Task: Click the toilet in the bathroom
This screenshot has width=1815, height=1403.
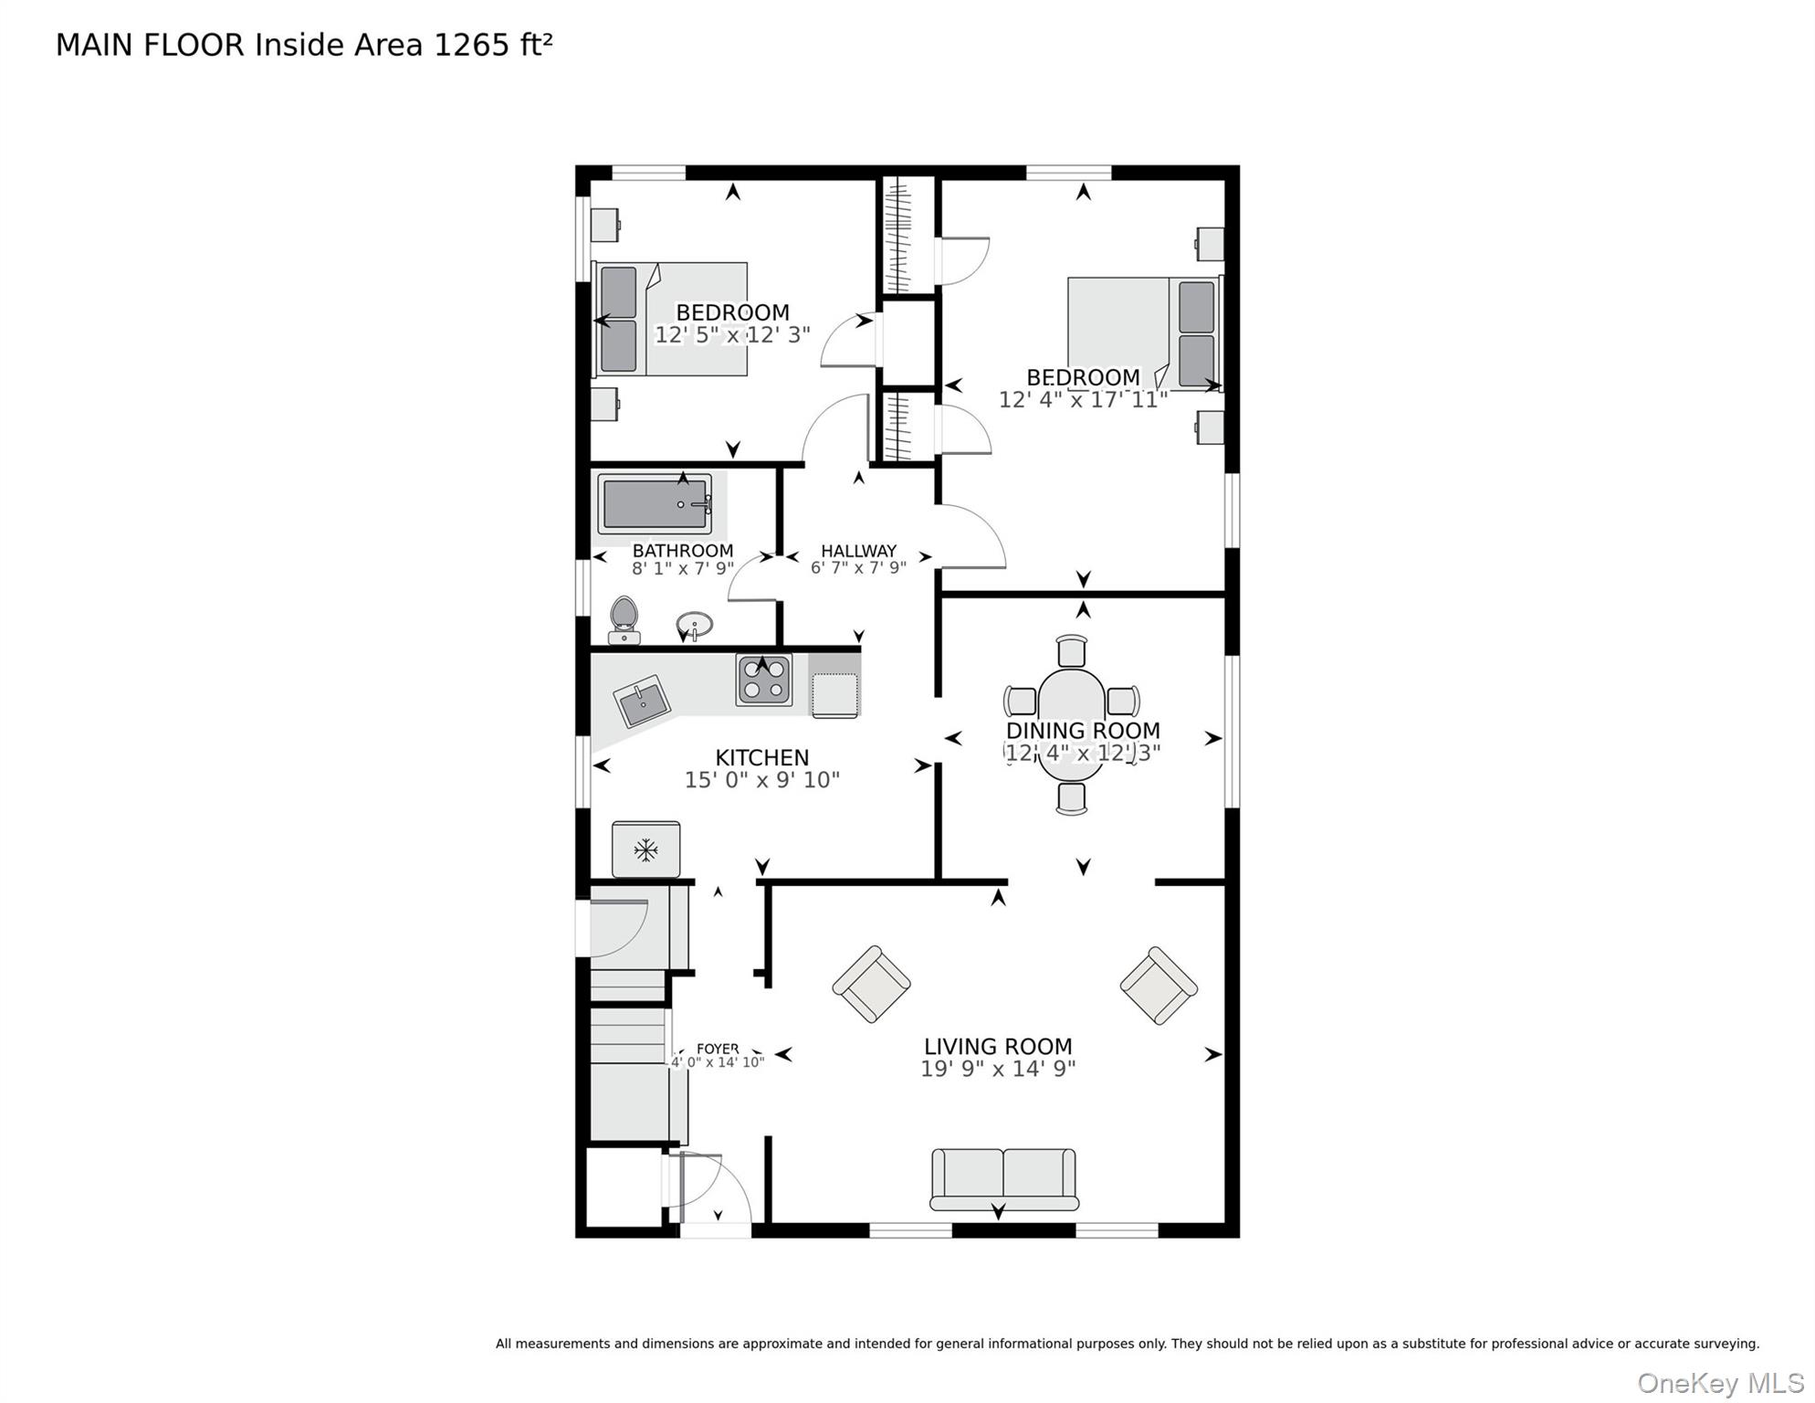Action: coord(624,619)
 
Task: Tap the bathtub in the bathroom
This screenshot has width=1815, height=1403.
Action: coord(655,504)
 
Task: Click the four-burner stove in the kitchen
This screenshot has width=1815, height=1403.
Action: coord(764,680)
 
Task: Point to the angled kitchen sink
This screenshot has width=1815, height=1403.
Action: coord(642,701)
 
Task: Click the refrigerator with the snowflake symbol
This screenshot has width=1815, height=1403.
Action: coord(645,849)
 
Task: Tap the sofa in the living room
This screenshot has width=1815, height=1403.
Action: coord(1003,1178)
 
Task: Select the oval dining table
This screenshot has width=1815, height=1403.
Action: coord(1071,724)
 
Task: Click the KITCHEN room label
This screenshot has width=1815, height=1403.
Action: coord(761,758)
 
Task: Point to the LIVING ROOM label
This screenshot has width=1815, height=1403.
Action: coord(998,1047)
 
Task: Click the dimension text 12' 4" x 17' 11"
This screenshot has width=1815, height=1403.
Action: coord(1083,400)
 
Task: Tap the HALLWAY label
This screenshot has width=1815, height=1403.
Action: coord(858,551)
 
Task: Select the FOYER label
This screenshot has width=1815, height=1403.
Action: coord(718,1049)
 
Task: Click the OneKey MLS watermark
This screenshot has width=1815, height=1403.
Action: coord(1720,1383)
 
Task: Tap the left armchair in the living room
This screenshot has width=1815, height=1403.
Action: coord(871,984)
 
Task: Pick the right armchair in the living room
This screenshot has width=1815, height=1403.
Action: coord(1159,986)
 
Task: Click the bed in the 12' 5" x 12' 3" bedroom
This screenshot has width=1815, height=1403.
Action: coord(671,319)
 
